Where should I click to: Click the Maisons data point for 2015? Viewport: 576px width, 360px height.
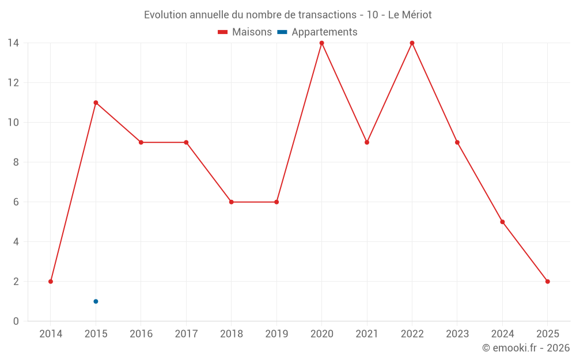pyautogui.click(x=96, y=103)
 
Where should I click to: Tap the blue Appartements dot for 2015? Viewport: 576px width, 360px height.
pyautogui.click(x=96, y=301)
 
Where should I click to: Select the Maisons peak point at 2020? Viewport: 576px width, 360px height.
pyautogui.click(x=321, y=43)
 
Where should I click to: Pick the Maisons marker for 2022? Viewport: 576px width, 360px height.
pyautogui.click(x=412, y=43)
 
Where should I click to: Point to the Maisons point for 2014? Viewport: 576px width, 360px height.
pyautogui.click(x=51, y=282)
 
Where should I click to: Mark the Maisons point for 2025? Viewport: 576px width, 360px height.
pyautogui.click(x=547, y=282)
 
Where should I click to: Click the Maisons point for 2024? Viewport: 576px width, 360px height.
pyautogui.click(x=502, y=222)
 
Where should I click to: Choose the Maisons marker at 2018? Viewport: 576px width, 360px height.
pyautogui.click(x=231, y=202)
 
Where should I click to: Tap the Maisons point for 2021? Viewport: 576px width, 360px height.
pyautogui.click(x=367, y=142)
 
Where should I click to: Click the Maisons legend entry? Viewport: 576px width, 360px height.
pyautogui.click(x=245, y=32)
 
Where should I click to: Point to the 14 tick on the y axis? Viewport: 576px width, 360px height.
pyautogui.click(x=13, y=43)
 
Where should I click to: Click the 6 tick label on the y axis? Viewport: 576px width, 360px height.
pyautogui.click(x=16, y=202)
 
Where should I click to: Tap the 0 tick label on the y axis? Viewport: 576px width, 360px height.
pyautogui.click(x=16, y=321)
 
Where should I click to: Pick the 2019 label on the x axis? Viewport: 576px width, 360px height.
pyautogui.click(x=276, y=334)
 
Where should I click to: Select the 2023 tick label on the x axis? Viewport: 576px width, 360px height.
pyautogui.click(x=457, y=334)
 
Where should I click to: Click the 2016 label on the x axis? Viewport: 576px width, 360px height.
pyautogui.click(x=141, y=334)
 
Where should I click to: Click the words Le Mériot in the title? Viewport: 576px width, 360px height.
pyautogui.click(x=410, y=14)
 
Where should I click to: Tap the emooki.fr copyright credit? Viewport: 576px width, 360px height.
pyautogui.click(x=526, y=348)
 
